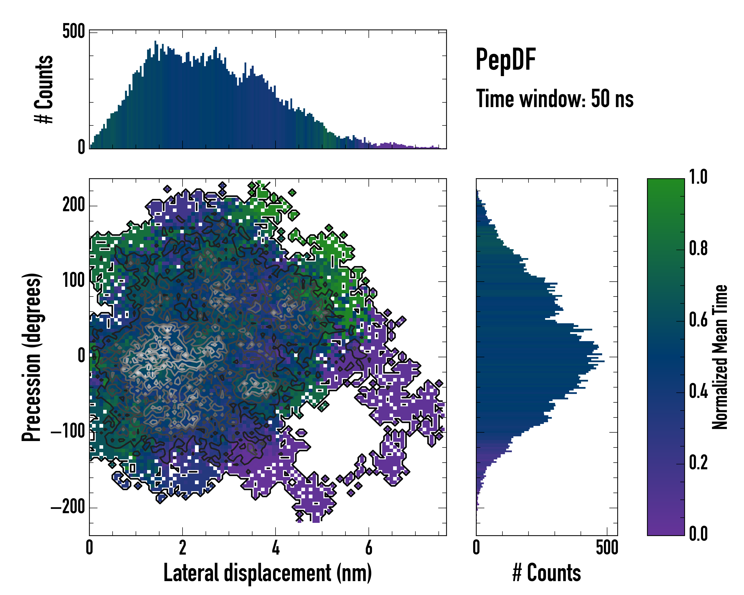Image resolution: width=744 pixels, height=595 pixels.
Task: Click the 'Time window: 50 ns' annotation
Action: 555,99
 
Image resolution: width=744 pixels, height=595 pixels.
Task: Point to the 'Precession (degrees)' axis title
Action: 32,357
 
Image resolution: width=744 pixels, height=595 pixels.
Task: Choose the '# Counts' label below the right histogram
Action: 547,573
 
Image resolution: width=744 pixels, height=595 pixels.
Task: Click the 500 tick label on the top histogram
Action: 73,31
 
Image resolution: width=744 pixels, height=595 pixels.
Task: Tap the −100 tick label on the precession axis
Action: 68,432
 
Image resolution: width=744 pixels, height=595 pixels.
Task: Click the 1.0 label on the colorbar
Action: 698,177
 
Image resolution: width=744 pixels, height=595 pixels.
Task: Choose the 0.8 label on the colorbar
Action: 698,248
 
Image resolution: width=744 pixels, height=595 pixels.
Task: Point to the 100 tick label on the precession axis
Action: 73,281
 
